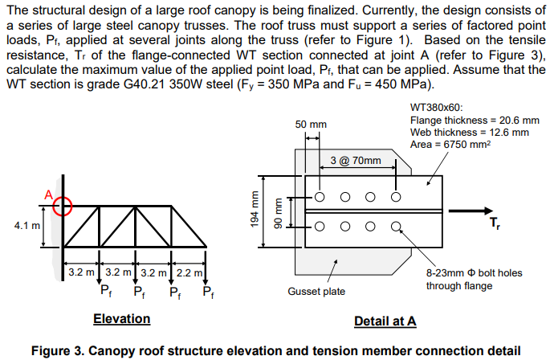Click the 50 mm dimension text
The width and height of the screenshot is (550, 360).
point(311,125)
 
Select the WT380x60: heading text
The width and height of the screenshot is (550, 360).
point(436,106)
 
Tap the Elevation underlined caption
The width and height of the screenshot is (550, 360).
point(121,319)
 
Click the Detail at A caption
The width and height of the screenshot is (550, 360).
point(385,321)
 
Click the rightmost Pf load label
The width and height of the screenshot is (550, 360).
point(209,290)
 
